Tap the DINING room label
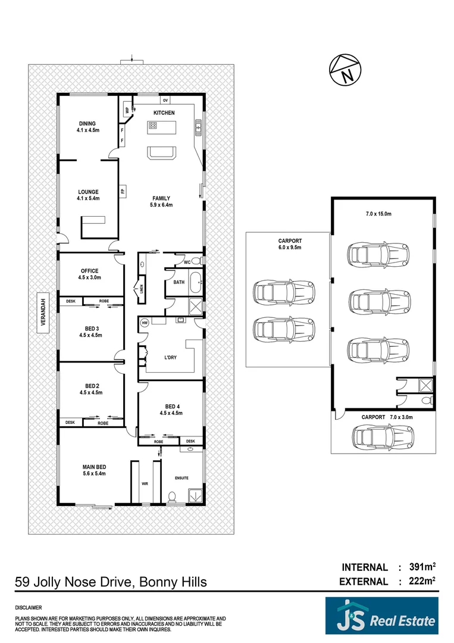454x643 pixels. click(86, 124)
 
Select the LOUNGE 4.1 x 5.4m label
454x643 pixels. click(87, 195)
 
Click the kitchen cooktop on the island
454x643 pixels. click(153, 126)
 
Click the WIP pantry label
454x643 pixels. click(126, 110)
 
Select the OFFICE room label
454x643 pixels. click(89, 271)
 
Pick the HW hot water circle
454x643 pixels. click(144, 323)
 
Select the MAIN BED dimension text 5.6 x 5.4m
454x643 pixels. click(94, 474)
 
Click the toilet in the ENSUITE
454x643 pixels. click(172, 495)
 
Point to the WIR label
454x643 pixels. click(145, 484)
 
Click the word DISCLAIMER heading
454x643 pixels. click(29, 608)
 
